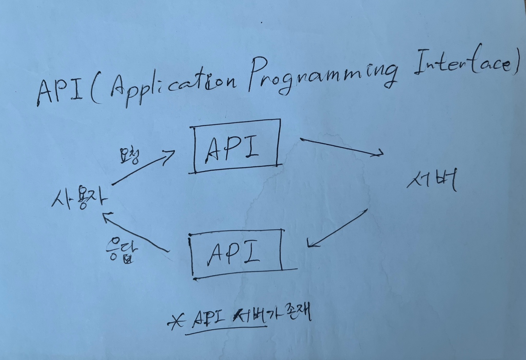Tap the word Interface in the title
tap(464, 68)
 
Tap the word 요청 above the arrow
tap(129, 156)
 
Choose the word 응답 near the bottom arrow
tap(121, 250)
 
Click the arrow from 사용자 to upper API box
tap(142, 168)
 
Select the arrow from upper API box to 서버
tap(342, 147)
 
